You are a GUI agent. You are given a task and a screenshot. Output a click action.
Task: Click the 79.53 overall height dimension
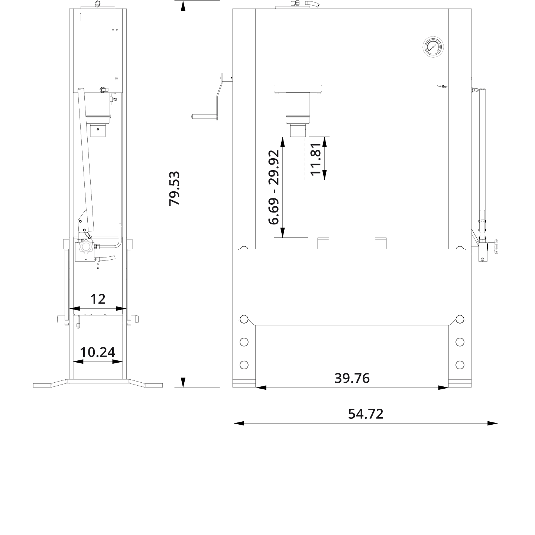tap(174, 188)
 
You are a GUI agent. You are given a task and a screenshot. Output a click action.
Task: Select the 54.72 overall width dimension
tap(366, 414)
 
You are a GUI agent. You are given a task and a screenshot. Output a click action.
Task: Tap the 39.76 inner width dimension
tap(352, 378)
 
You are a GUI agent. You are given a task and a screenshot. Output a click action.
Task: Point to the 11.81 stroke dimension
tap(315, 159)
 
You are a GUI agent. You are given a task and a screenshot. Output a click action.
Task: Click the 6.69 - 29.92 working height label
tap(274, 187)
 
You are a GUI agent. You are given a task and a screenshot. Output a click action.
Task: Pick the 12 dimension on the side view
tap(98, 299)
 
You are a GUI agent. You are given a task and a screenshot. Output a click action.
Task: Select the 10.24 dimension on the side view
tap(98, 352)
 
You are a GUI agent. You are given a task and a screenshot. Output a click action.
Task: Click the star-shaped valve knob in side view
tap(86, 247)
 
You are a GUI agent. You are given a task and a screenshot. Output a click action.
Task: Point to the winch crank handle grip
tap(204, 116)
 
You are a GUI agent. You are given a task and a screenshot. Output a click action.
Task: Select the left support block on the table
tap(323, 243)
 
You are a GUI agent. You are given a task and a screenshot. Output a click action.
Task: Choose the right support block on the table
tap(380, 243)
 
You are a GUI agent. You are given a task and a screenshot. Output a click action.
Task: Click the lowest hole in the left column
tap(244, 365)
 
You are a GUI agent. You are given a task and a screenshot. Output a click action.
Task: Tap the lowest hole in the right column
tap(460, 365)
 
